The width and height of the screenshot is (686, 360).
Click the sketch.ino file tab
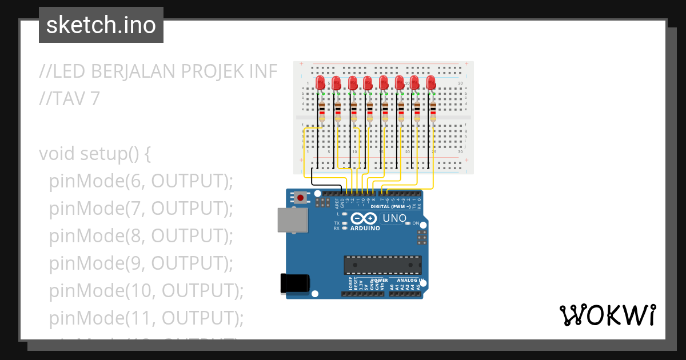(x=101, y=25)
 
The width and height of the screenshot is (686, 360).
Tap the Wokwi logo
(x=607, y=315)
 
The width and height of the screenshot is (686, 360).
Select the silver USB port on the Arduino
(x=291, y=220)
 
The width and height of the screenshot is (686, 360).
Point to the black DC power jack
(x=296, y=284)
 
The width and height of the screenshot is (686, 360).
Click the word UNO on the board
(x=394, y=218)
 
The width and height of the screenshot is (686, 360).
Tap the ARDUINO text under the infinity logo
(x=365, y=228)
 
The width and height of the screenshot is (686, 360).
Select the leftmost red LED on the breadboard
(x=320, y=83)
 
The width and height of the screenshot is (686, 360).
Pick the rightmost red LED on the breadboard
(x=431, y=83)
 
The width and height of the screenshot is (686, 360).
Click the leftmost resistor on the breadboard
(x=322, y=111)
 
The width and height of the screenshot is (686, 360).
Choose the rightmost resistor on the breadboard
(x=433, y=111)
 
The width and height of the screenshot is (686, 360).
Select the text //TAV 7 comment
(x=69, y=99)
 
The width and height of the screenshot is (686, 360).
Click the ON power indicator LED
(x=408, y=223)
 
